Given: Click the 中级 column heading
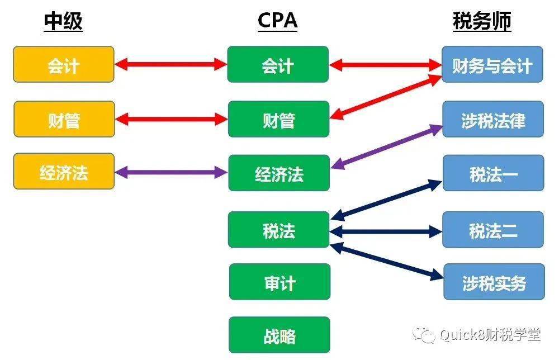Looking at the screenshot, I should (63, 21).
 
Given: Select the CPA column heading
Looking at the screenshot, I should (277, 21).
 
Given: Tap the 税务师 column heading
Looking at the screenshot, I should (482, 21).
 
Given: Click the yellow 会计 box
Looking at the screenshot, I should (64, 64).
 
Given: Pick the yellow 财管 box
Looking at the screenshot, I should (64, 119).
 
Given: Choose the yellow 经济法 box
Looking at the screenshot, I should (64, 172).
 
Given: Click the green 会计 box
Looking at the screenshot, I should (278, 64).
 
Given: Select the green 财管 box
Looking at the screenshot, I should (278, 119).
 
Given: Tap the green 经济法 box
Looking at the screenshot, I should (278, 173).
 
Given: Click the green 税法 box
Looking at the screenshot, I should (278, 230).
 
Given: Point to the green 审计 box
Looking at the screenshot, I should (279, 282).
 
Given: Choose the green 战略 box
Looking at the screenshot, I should (279, 335).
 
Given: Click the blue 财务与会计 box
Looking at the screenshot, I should (492, 65).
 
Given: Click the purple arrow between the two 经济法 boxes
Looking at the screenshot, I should (171, 172).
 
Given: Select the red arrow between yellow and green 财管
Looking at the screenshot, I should (171, 119).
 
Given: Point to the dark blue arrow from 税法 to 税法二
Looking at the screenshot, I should (386, 230).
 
